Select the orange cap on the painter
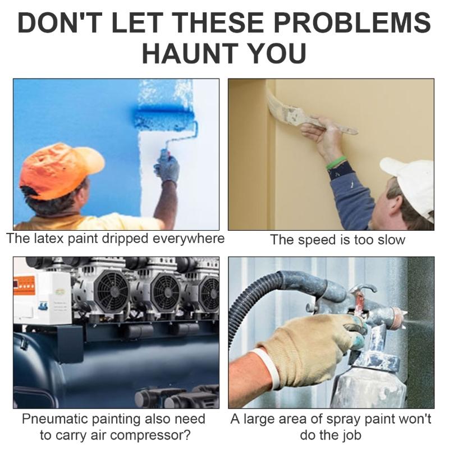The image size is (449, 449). point(56,168)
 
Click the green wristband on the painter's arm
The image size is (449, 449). point(336,163)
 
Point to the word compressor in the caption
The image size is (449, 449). point(157,436)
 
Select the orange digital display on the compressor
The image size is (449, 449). point(25,283)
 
